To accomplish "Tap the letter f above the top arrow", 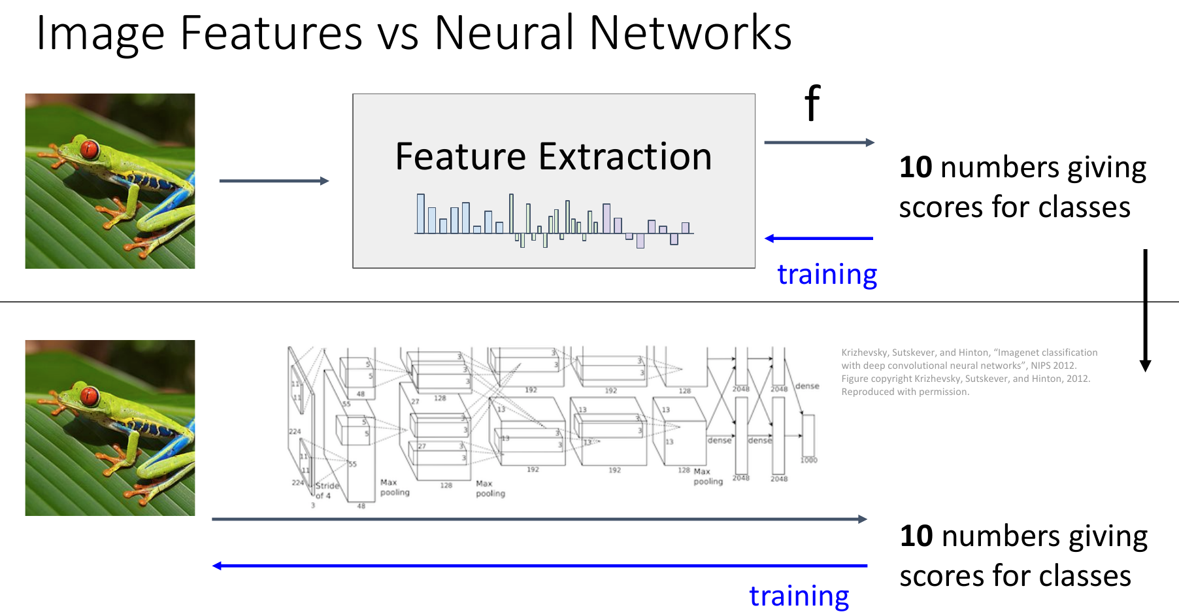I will coord(812,103).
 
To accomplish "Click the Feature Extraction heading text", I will coord(554,157).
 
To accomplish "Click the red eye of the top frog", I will coord(90,150).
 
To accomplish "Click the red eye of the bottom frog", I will coord(90,396).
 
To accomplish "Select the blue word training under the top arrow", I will coord(827,274).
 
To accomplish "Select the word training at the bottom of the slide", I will coord(799,596).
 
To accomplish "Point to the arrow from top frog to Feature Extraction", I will coord(274,181).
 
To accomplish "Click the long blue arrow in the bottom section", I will coord(540,566).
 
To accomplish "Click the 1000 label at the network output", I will coord(808,460).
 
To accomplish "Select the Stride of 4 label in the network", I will coord(327,490).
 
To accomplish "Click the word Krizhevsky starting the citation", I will coord(864,352).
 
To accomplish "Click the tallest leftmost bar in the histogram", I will coord(421,214).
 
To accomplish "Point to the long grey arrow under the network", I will coord(540,519).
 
